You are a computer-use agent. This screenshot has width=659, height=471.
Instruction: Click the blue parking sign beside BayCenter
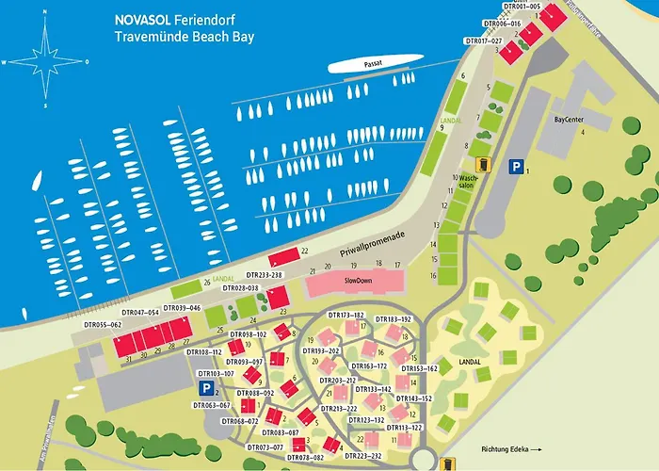515,167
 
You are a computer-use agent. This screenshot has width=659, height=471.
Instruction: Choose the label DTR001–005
522,6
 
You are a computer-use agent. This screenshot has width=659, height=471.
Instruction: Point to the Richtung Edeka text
506,448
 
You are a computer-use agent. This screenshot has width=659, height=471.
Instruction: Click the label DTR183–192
394,319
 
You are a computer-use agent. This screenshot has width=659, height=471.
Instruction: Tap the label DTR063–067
212,406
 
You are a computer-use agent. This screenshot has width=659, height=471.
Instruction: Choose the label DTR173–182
345,315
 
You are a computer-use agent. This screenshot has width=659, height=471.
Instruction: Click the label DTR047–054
140,312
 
